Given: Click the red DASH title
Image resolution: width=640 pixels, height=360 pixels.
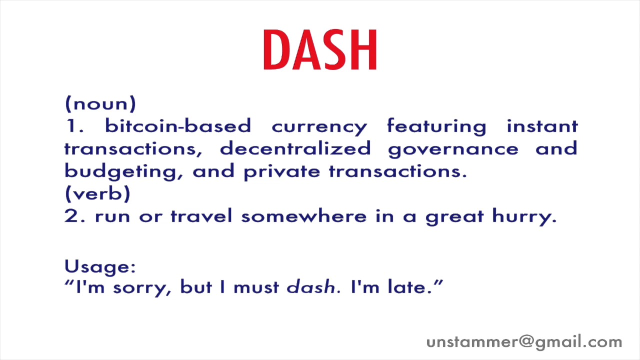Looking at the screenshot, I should (320, 50).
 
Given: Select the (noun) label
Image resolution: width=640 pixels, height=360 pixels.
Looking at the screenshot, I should (100, 104).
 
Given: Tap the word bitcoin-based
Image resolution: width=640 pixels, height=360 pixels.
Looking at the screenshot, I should (177, 126).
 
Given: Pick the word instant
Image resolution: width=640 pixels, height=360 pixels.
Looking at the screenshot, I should (542, 126).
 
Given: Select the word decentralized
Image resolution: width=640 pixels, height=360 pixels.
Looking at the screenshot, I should (295, 148).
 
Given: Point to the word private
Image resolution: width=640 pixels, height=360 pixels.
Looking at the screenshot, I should (282, 171).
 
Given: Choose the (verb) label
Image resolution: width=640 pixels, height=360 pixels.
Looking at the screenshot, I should (97, 193).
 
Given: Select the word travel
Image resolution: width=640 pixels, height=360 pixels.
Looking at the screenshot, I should (201, 216).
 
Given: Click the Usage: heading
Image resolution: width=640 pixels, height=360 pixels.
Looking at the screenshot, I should (100, 266).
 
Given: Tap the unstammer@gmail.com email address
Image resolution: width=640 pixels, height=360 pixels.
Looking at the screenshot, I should (524, 342).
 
